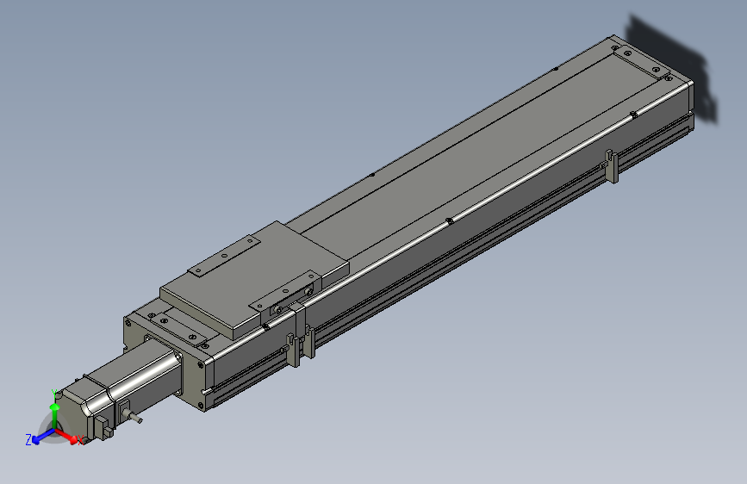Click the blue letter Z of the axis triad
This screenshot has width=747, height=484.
point(28,439)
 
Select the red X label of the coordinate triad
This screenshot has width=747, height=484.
point(81,441)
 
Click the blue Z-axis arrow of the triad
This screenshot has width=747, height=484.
point(41,436)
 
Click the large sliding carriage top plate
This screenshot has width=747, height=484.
point(254,276)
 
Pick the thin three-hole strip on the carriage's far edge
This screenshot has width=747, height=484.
point(223,257)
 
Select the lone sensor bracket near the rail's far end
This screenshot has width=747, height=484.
point(611,165)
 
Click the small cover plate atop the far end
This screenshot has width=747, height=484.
point(638,63)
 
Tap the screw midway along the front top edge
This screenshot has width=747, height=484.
point(450,220)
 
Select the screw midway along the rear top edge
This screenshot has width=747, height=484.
point(371,175)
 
